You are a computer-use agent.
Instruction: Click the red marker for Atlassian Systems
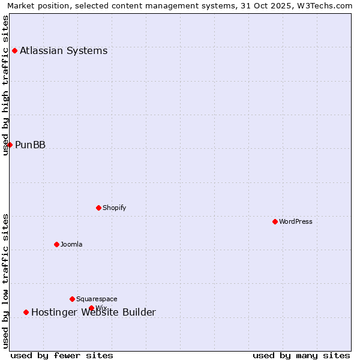coord(14,50)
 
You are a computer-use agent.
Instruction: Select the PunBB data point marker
coord(10,145)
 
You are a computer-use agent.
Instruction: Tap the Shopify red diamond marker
coord(98,208)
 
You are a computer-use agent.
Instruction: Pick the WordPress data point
coord(275,221)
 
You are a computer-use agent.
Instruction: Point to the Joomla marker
coord(56,244)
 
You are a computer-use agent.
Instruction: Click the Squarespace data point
coord(72,299)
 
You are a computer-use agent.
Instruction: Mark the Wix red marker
coord(91,308)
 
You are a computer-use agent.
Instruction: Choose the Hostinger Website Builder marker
coord(26,312)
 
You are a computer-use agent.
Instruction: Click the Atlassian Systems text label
coord(64,50)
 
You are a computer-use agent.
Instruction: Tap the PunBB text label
coord(30,145)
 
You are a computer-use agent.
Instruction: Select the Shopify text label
coord(114,208)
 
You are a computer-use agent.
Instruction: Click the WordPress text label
coord(295,221)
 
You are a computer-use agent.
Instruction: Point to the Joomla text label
coord(71,244)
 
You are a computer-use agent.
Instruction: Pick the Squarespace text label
coord(97,299)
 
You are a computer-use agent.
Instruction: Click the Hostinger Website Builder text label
coord(93,312)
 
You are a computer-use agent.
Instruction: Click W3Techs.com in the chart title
coord(328,6)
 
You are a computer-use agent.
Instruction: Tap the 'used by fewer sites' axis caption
coord(62,355)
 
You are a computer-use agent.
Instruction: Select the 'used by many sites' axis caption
coord(301,355)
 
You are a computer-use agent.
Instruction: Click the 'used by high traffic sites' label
coord(6,85)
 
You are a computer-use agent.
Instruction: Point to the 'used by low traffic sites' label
coord(6,281)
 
